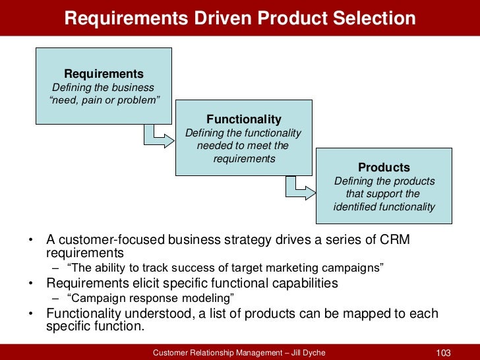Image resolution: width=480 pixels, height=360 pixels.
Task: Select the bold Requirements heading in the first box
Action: [x=104, y=74]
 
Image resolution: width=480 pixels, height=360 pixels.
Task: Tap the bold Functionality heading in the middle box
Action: [x=244, y=119]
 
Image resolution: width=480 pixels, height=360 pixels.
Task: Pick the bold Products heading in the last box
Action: [x=384, y=167]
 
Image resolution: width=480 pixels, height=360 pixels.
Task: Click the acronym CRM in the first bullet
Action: [x=396, y=239]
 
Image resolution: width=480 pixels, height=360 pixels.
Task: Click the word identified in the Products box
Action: [x=355, y=207]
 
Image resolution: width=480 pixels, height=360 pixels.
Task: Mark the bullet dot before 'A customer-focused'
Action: [x=30, y=240]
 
